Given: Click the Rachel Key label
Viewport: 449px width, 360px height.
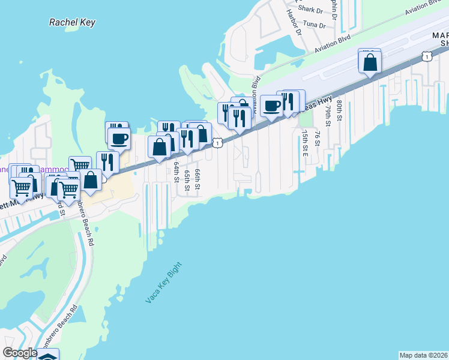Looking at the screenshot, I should (x=73, y=22).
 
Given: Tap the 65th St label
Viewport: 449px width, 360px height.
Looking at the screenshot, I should (x=187, y=180).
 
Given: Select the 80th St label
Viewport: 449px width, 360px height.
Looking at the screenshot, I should (x=339, y=110).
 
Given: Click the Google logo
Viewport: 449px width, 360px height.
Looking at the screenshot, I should (x=20, y=353).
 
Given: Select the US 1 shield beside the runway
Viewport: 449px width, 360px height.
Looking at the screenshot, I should (x=426, y=56).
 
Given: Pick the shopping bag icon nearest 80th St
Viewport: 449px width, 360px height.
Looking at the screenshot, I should (x=370, y=62).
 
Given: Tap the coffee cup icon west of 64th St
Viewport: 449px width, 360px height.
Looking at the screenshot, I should (x=119, y=139).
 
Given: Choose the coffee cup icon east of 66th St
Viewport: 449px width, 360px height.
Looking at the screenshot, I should (x=271, y=106).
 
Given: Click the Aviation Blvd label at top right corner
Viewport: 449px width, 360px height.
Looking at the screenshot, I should (x=427, y=7).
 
